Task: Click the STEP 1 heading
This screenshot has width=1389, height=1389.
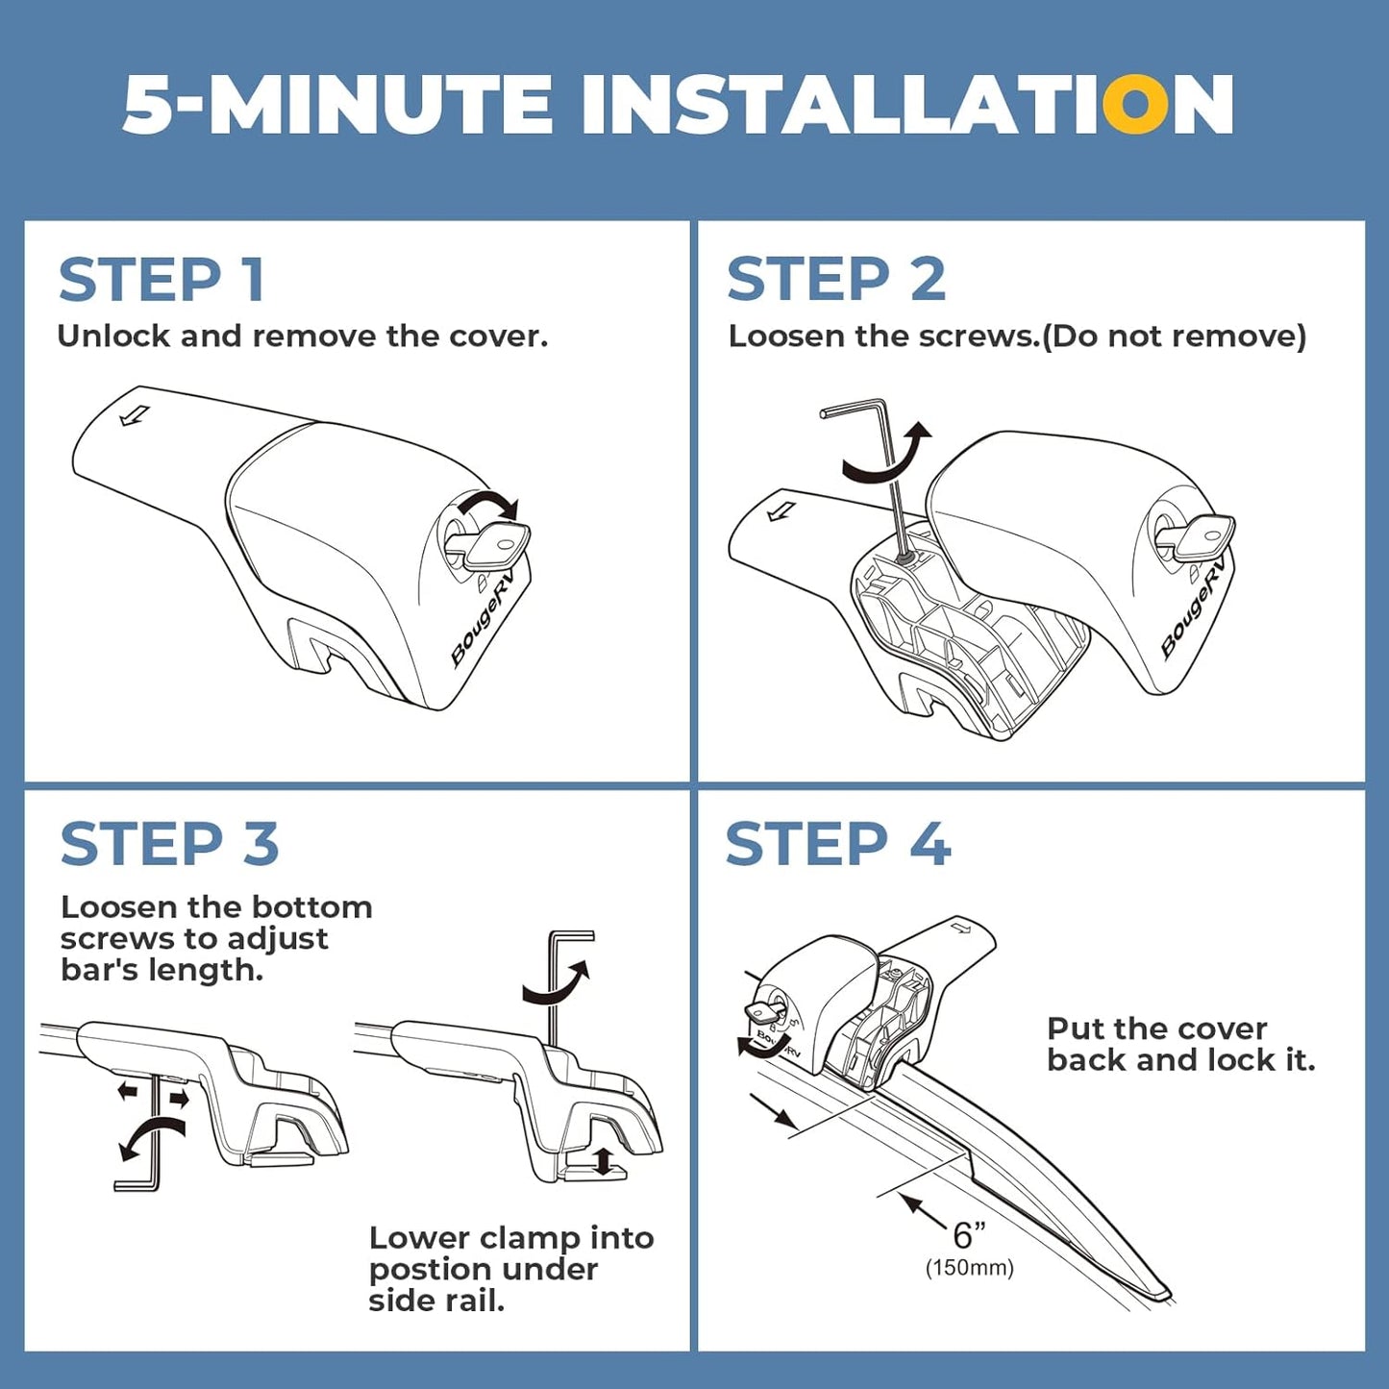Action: [x=162, y=280]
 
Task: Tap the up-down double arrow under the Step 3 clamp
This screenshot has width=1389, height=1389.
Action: [x=603, y=1163]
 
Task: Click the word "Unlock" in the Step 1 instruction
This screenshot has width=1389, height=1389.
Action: [x=114, y=335]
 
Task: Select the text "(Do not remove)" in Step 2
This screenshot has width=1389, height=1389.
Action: [x=1175, y=336]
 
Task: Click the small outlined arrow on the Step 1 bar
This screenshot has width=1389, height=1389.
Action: [x=135, y=415]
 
